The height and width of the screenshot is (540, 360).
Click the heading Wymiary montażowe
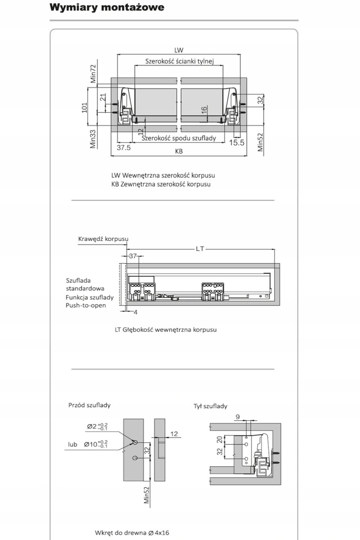pos(106,7)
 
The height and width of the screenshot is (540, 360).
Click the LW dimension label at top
pos(179,50)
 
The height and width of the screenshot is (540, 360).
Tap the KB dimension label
pos(179,151)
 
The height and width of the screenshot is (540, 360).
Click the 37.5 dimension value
pos(123,148)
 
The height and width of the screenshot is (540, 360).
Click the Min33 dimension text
pos(93,139)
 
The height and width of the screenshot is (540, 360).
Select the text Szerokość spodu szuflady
pos(179,138)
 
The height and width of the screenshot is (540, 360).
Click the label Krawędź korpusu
pos(103,238)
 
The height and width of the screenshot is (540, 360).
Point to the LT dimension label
pos(200,248)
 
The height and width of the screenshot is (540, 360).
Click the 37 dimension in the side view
pos(132,256)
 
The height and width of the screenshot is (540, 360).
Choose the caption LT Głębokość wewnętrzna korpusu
pos(166,330)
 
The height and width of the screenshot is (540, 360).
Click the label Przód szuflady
pos(90,405)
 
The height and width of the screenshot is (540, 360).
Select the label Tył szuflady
pos(210,406)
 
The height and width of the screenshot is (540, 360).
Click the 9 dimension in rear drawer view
pos(238,417)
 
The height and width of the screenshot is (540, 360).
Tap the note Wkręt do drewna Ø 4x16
pos(132,533)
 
